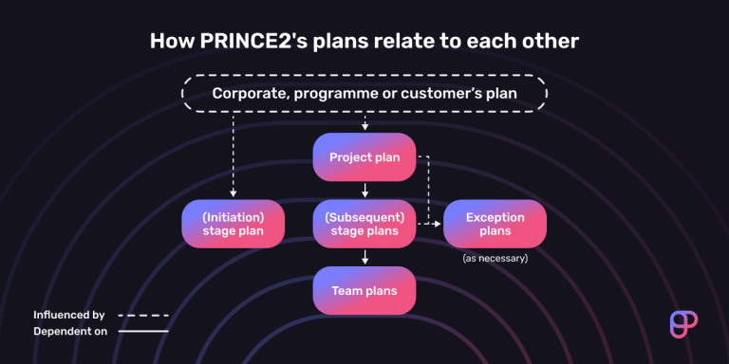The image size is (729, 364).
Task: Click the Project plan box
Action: point(364,157)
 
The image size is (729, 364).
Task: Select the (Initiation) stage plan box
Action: point(233,224)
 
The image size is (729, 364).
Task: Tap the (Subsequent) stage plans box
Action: point(364,224)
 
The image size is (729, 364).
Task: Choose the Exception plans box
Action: point(495,224)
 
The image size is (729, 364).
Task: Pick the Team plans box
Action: point(364,291)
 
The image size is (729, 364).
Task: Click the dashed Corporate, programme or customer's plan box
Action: point(364,94)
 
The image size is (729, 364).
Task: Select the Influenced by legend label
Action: point(68,314)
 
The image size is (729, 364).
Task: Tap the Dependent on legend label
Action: point(69,331)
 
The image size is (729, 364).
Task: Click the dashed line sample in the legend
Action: point(143,315)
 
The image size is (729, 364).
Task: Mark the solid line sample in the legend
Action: point(143,331)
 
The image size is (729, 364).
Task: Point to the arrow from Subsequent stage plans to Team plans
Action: point(364,257)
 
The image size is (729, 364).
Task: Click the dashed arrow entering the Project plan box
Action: point(364,123)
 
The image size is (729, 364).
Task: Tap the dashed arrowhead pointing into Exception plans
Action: point(438,224)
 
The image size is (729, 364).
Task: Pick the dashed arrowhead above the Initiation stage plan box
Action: point(233,194)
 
